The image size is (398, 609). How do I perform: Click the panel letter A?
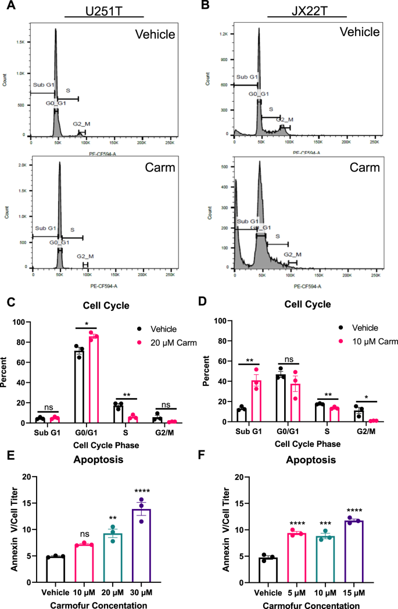click(x=8, y=7)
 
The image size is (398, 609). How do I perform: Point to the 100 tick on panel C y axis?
click(x=21, y=321)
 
